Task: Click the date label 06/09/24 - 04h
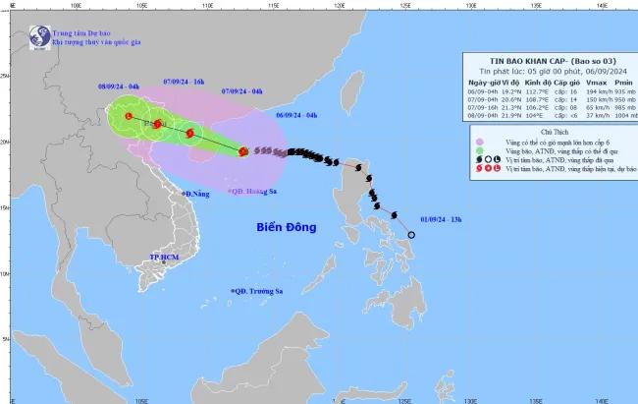297,115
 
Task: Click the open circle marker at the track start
412,235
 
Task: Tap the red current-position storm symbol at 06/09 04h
242,151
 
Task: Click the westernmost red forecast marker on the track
128,117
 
